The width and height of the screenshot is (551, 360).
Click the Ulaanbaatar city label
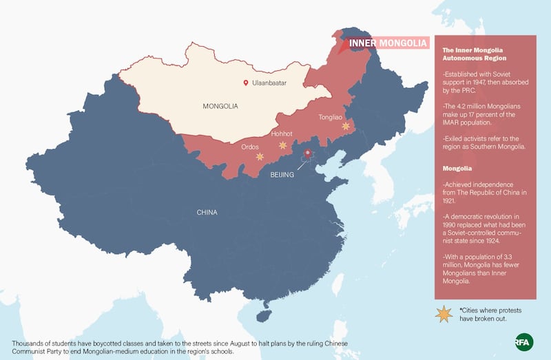[269, 83]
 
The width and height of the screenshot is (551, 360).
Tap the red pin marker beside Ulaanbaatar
[245, 83]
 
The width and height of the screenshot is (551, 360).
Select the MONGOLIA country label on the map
[220, 107]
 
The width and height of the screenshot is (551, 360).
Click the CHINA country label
[207, 212]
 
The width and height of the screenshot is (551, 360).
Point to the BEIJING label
[282, 175]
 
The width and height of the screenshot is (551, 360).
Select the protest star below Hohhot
[282, 145]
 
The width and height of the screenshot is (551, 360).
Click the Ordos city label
[250, 147]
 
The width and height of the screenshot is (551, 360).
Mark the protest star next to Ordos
[260, 157]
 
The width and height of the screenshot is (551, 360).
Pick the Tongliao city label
[331, 117]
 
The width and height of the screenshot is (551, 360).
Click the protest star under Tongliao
[346, 126]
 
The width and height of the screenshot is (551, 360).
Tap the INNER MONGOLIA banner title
[388, 43]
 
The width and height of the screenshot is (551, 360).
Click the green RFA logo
[525, 341]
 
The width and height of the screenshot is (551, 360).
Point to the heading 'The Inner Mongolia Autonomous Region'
[474, 54]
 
